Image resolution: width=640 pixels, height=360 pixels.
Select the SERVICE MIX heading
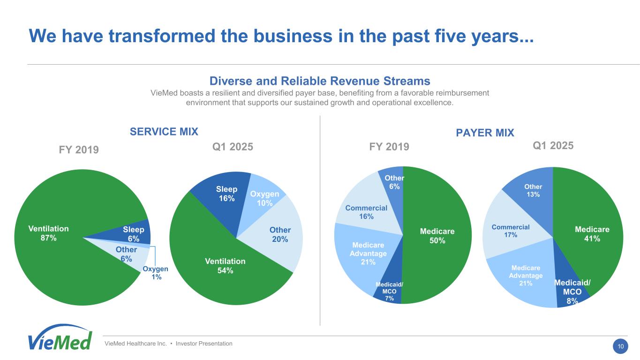coord(164,131)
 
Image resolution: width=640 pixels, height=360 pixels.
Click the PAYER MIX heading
coord(485,133)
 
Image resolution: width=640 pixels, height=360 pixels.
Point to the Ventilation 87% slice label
coord(48,233)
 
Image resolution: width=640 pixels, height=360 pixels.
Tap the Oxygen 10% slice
coord(264,198)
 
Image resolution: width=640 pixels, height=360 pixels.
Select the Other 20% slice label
coord(280,234)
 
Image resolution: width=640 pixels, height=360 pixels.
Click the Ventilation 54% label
coord(225,266)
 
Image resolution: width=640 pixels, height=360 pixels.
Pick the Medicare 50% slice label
coord(437,236)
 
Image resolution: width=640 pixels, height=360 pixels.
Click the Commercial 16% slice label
coord(366,212)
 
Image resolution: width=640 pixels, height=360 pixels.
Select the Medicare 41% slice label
coord(592,234)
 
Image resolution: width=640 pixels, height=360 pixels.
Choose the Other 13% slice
coord(533,190)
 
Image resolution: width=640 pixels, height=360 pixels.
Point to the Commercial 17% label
coord(511,231)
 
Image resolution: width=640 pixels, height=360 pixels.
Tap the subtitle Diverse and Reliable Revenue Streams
coord(320,81)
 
